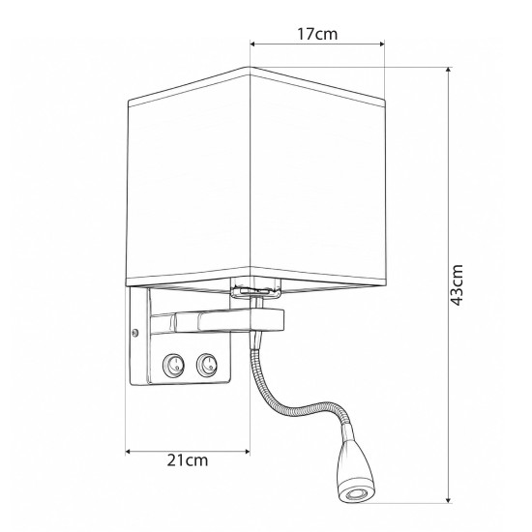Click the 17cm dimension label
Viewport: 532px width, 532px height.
point(317,34)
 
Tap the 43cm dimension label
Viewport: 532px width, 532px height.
point(458,285)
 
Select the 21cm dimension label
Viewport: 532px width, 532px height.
point(188,460)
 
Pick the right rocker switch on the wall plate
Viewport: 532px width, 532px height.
point(206,364)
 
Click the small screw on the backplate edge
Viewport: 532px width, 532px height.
point(135,333)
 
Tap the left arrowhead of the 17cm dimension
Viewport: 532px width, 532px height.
point(252,44)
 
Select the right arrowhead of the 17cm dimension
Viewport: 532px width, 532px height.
point(382,44)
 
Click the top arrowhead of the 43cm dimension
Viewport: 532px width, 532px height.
point(448,70)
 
